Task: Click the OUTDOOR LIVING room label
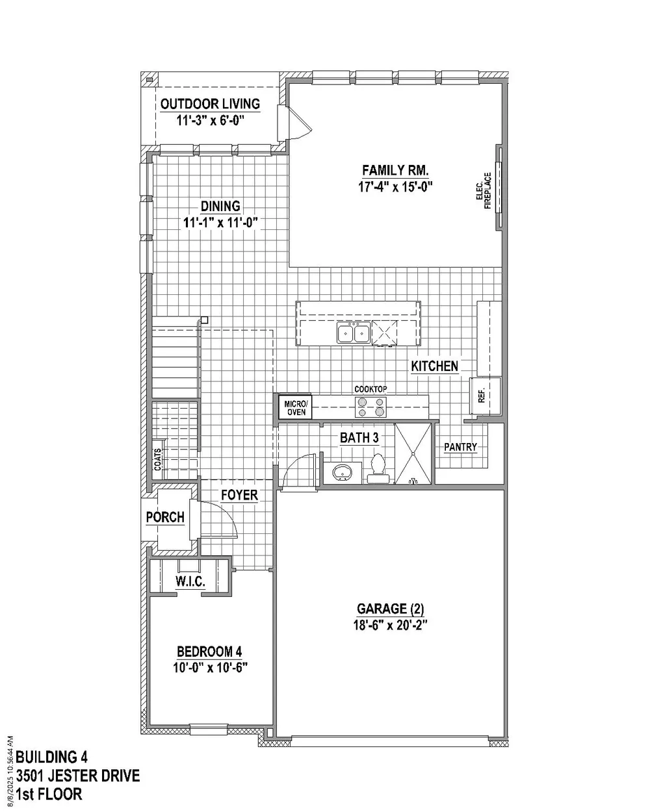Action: [x=210, y=104]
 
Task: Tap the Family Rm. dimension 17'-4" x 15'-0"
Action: [x=395, y=187]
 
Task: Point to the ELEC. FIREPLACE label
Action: [x=484, y=190]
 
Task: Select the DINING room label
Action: [x=220, y=206]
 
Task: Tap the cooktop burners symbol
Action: [x=370, y=407]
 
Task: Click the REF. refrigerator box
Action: [x=485, y=396]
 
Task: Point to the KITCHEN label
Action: [x=434, y=366]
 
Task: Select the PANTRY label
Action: [x=460, y=447]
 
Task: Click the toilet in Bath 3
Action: [x=378, y=469]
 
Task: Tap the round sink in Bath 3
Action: [x=343, y=472]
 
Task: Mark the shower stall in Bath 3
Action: [x=413, y=453]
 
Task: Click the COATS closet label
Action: [x=157, y=459]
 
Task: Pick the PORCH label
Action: [x=165, y=517]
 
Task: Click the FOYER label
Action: [x=239, y=495]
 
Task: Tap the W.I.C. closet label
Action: [x=190, y=581]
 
